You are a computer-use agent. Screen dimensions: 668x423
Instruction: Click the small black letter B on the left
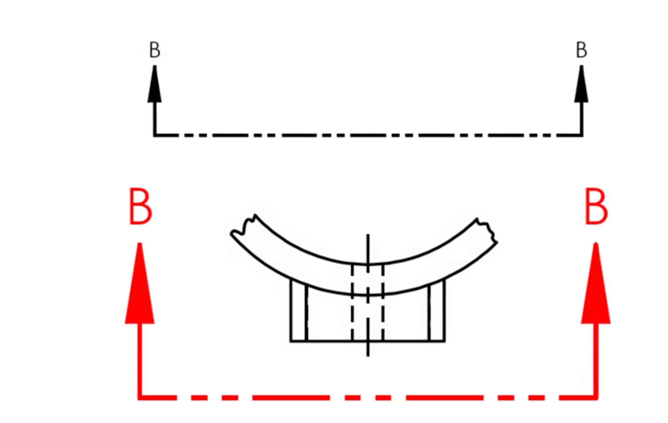155,50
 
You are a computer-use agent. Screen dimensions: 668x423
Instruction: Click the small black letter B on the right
581,50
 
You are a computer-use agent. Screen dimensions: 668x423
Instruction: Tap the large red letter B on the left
140,207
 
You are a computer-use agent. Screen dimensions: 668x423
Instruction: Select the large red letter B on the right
596,207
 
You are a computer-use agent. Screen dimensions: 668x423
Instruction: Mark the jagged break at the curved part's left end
242,226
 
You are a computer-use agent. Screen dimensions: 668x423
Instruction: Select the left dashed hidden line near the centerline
352,302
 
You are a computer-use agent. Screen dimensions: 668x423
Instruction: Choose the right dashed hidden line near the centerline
383,302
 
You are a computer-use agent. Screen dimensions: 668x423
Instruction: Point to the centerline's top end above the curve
368,236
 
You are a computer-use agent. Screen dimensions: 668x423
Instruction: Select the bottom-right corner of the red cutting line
596,397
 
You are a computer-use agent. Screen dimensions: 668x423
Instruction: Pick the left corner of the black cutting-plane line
155,135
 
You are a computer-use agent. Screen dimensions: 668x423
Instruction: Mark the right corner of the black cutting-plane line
581,135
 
